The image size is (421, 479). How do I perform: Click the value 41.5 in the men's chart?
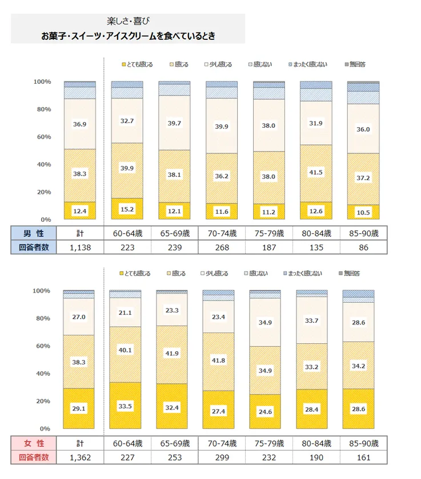point(316,172)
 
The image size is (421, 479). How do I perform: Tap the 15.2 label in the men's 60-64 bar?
point(127,209)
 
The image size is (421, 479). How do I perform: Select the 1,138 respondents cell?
point(80,247)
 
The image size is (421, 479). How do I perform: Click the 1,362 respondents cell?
point(80,457)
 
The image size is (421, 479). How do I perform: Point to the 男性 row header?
point(33,233)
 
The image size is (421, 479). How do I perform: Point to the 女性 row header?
point(33,443)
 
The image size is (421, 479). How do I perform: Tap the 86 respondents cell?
point(363,247)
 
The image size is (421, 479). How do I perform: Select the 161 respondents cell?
point(363,457)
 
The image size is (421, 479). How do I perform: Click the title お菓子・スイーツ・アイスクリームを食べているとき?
point(127,36)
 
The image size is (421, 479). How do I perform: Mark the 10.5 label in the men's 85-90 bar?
point(363,212)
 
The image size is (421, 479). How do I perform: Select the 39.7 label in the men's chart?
point(174,123)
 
